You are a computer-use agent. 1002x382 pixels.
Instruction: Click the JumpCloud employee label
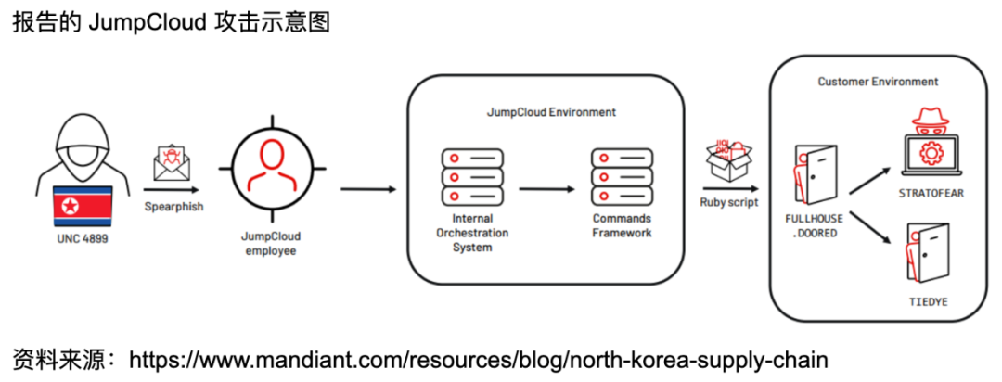271,243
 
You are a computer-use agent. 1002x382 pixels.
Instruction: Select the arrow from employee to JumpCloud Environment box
367,189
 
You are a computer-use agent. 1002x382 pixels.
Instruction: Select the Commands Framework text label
622,225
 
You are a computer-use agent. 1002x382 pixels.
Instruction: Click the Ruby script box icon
728,159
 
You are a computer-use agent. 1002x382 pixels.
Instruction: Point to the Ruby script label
729,201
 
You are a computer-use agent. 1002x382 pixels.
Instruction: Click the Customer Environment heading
878,82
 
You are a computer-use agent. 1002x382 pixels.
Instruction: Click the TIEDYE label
929,302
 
